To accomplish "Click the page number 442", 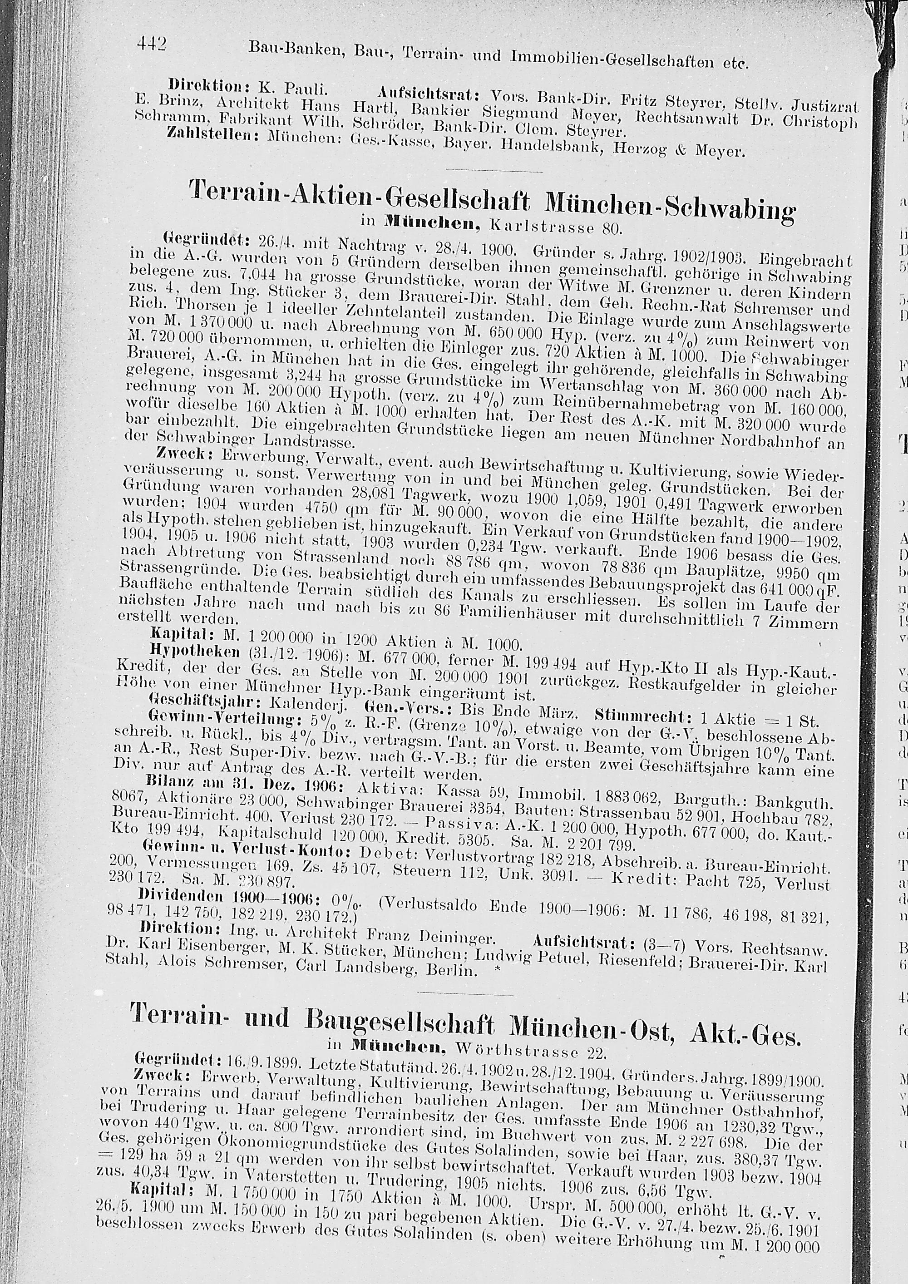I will [152, 43].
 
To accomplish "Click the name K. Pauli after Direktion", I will [293, 87].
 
